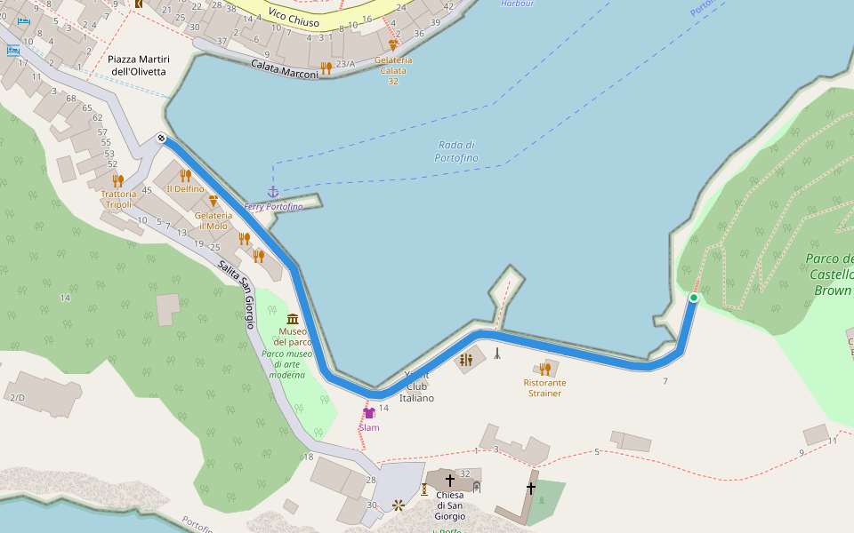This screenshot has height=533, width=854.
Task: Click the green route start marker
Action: click(693, 298)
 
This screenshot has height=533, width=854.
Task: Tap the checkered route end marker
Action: click(161, 138)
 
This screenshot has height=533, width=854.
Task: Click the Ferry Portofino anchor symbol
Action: click(273, 193)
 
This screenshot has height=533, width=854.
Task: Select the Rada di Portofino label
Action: click(456, 151)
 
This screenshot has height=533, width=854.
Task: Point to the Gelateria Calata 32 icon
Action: click(393, 44)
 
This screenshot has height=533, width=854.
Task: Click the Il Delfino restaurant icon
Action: click(185, 175)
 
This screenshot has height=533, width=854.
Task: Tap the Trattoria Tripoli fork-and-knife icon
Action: click(118, 180)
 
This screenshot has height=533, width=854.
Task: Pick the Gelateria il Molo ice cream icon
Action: click(213, 202)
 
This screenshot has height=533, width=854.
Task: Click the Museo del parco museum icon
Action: click(293, 319)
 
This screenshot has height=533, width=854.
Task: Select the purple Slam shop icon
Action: click(369, 413)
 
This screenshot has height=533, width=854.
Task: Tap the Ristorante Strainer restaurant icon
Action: click(545, 369)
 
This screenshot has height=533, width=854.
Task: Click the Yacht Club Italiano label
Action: click(419, 386)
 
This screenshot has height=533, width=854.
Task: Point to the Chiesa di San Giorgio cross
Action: click(450, 481)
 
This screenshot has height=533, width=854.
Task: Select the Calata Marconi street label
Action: click(284, 69)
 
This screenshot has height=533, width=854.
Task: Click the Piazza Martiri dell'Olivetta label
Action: click(139, 65)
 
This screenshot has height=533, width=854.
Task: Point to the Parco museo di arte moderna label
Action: click(287, 364)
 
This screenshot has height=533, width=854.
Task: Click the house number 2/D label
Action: click(18, 397)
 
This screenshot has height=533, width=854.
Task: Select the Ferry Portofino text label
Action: click(273, 207)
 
